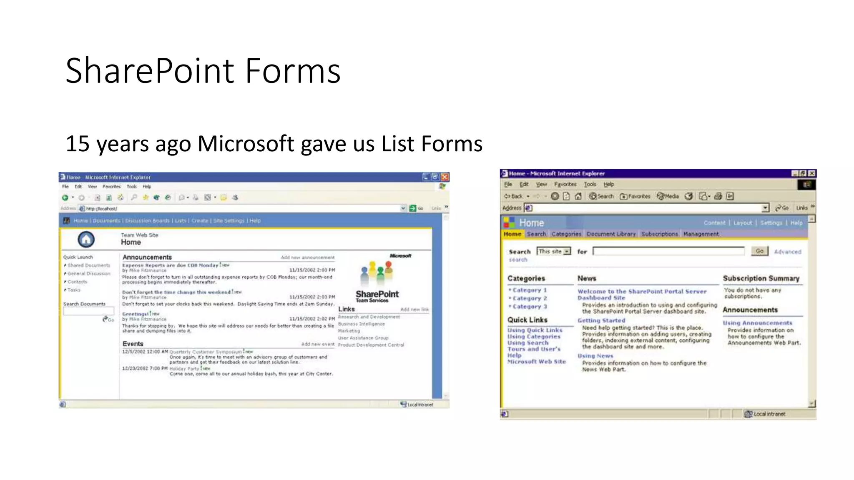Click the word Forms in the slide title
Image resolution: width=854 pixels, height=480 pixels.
(x=293, y=71)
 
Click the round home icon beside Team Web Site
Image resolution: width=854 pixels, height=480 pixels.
(x=86, y=239)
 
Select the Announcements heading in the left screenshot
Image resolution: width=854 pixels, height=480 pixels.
(x=147, y=257)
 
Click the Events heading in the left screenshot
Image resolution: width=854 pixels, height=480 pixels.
(x=133, y=344)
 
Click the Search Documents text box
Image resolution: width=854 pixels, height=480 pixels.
(x=88, y=311)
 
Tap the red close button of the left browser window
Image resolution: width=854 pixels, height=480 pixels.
(x=445, y=177)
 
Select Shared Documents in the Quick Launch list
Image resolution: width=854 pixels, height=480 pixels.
(x=89, y=265)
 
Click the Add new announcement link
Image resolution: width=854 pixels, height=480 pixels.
(x=307, y=257)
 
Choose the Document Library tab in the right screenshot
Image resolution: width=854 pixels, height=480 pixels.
(x=611, y=234)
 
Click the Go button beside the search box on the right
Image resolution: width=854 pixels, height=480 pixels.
(x=760, y=251)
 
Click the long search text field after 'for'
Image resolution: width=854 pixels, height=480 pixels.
(x=668, y=251)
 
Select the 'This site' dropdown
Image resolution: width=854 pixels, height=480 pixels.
(x=554, y=251)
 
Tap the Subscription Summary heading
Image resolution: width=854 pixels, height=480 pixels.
(x=761, y=278)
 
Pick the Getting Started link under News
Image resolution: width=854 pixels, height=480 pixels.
(x=601, y=320)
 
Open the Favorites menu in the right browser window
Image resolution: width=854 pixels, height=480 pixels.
(x=565, y=184)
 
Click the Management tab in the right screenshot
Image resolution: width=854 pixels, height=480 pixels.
(x=701, y=234)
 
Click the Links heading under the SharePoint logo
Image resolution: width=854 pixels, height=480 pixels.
(x=347, y=309)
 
